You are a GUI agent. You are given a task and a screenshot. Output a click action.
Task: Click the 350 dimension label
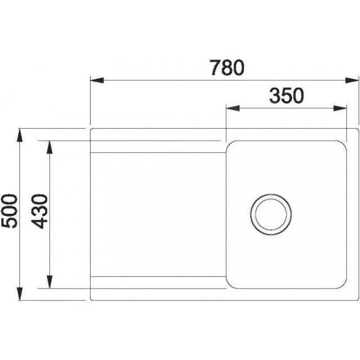[286, 96]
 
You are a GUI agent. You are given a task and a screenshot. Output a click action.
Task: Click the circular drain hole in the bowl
[271, 213]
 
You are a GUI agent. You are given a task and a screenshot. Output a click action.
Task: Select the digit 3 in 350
[274, 96]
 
